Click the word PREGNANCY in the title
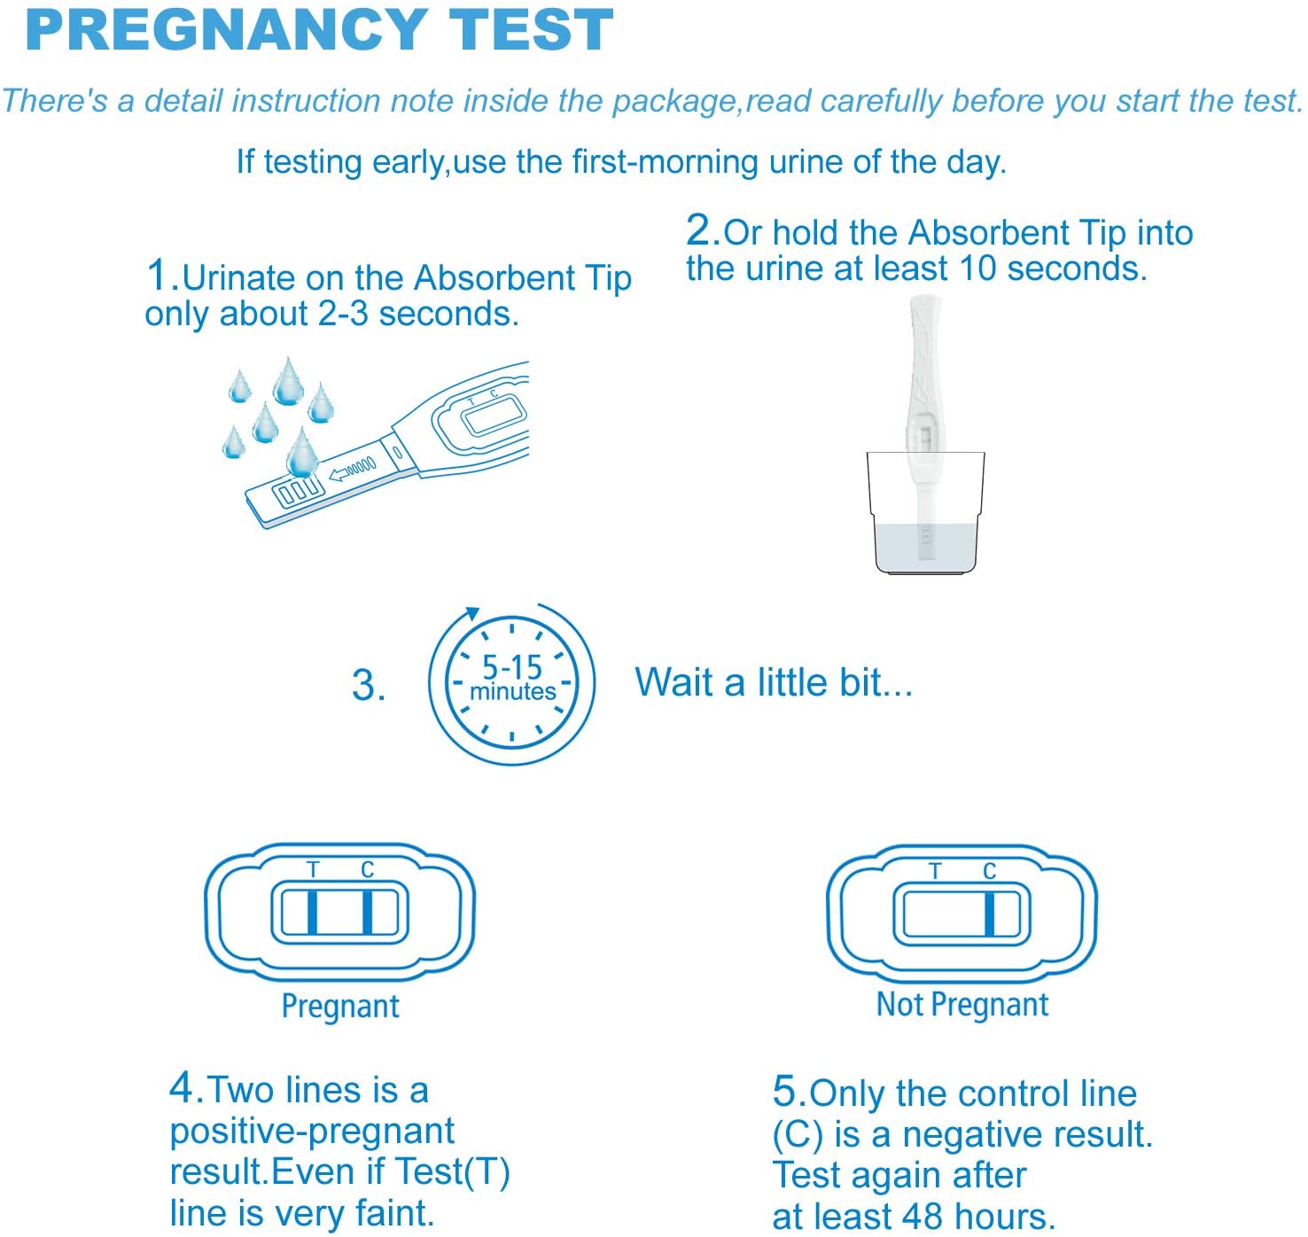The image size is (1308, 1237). click(226, 30)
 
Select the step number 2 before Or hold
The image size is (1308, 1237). click(698, 230)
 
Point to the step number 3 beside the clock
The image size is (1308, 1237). click(364, 685)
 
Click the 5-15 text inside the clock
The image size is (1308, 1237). click(511, 666)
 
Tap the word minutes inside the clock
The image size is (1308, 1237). click(512, 691)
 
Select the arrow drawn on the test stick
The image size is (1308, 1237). click(352, 468)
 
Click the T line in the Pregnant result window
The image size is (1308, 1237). click(312, 913)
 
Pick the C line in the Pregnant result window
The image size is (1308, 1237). click(367, 913)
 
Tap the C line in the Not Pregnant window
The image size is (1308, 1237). click(989, 914)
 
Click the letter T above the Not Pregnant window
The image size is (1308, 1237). click(935, 870)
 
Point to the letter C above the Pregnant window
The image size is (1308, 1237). click(367, 869)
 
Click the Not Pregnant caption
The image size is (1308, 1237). click(962, 1005)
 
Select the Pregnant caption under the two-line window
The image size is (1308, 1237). click(340, 1006)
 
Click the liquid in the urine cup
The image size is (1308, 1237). click(925, 547)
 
